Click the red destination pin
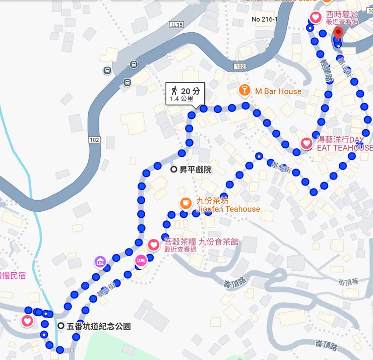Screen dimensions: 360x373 pos(338,33)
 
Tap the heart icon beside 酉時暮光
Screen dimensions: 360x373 pos(316,18)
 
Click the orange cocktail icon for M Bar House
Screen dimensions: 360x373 pos(244,91)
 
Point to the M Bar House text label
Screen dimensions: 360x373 pos(278,91)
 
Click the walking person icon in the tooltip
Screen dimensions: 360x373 pos(174,91)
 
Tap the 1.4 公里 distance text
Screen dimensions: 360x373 pos(181,99)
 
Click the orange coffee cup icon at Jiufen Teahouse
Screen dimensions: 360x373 pos(186,203)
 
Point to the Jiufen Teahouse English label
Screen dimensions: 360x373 pos(228,209)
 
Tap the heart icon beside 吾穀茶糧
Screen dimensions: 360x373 pos(154,245)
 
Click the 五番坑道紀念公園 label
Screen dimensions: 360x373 pos(98,326)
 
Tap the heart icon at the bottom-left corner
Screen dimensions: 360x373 pos(28,321)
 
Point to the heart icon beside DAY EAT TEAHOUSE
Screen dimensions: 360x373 pos(306,143)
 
